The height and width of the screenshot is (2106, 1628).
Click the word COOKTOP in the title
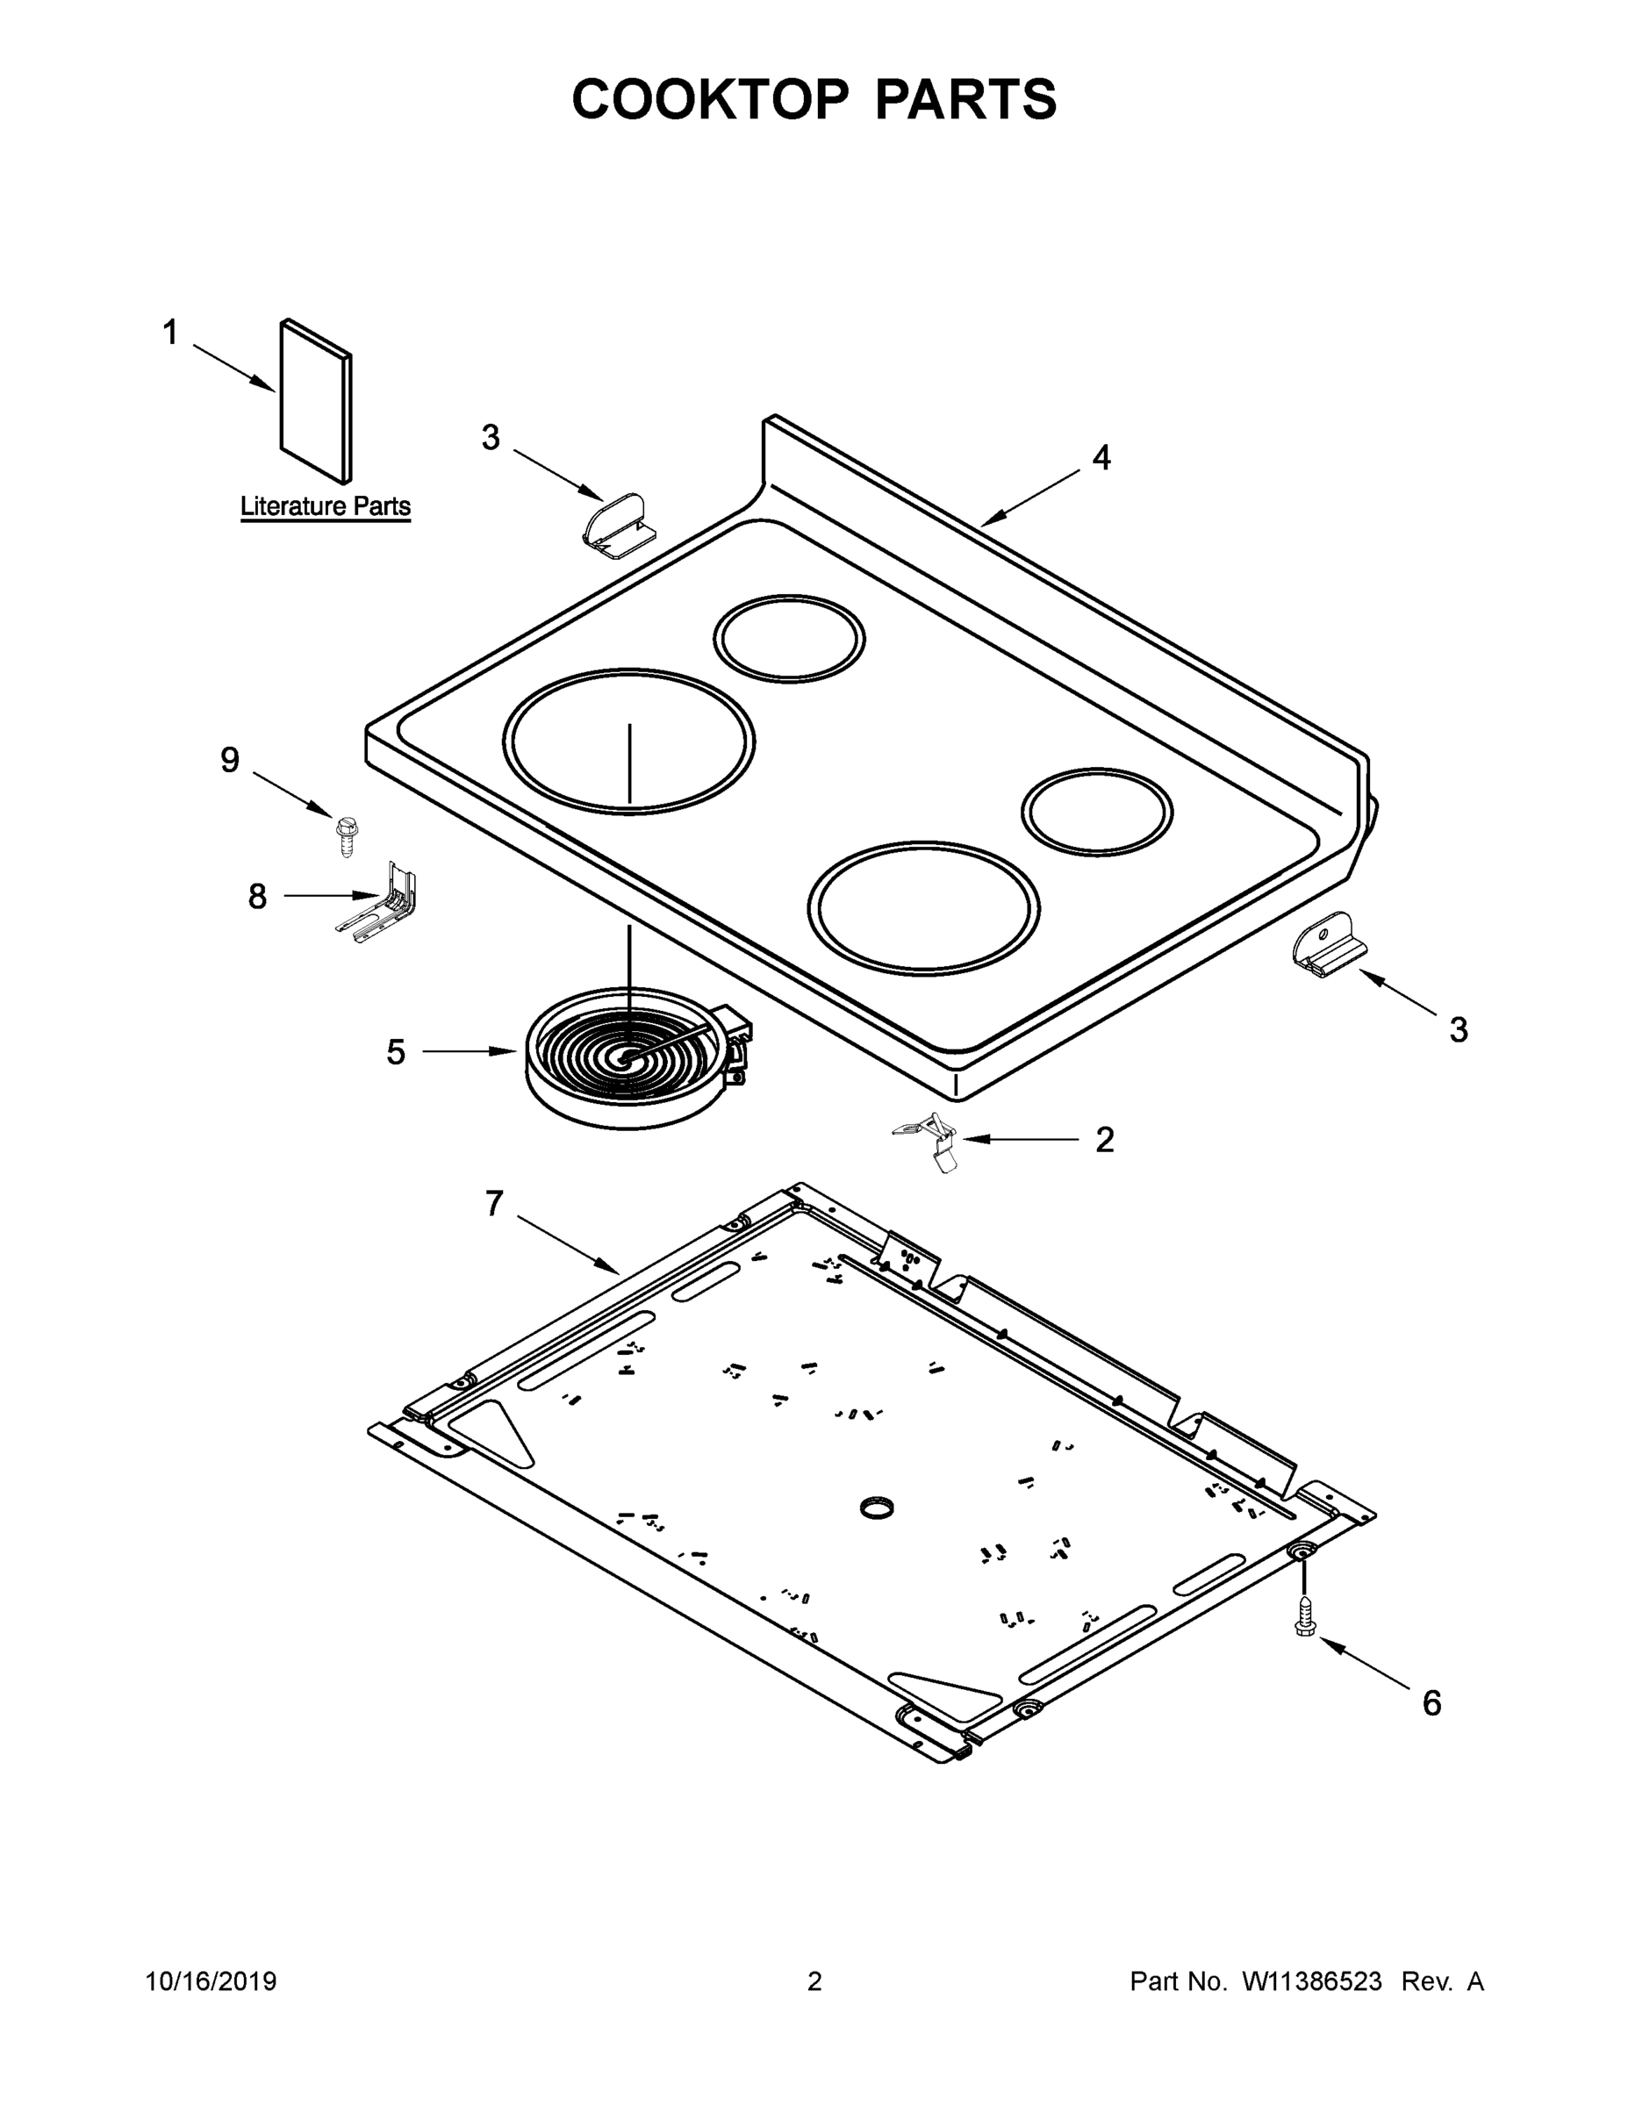click(x=711, y=99)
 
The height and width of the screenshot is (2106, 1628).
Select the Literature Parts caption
click(x=325, y=506)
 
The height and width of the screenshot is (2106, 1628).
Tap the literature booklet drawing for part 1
click(x=315, y=401)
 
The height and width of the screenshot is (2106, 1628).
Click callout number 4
click(x=1101, y=458)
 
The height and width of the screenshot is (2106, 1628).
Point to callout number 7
click(x=494, y=1203)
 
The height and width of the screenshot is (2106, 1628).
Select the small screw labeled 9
click(x=345, y=836)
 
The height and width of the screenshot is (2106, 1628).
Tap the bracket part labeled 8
click(x=384, y=904)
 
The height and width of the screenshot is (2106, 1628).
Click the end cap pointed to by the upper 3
click(x=617, y=525)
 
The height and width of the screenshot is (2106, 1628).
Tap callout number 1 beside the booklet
click(x=169, y=333)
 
